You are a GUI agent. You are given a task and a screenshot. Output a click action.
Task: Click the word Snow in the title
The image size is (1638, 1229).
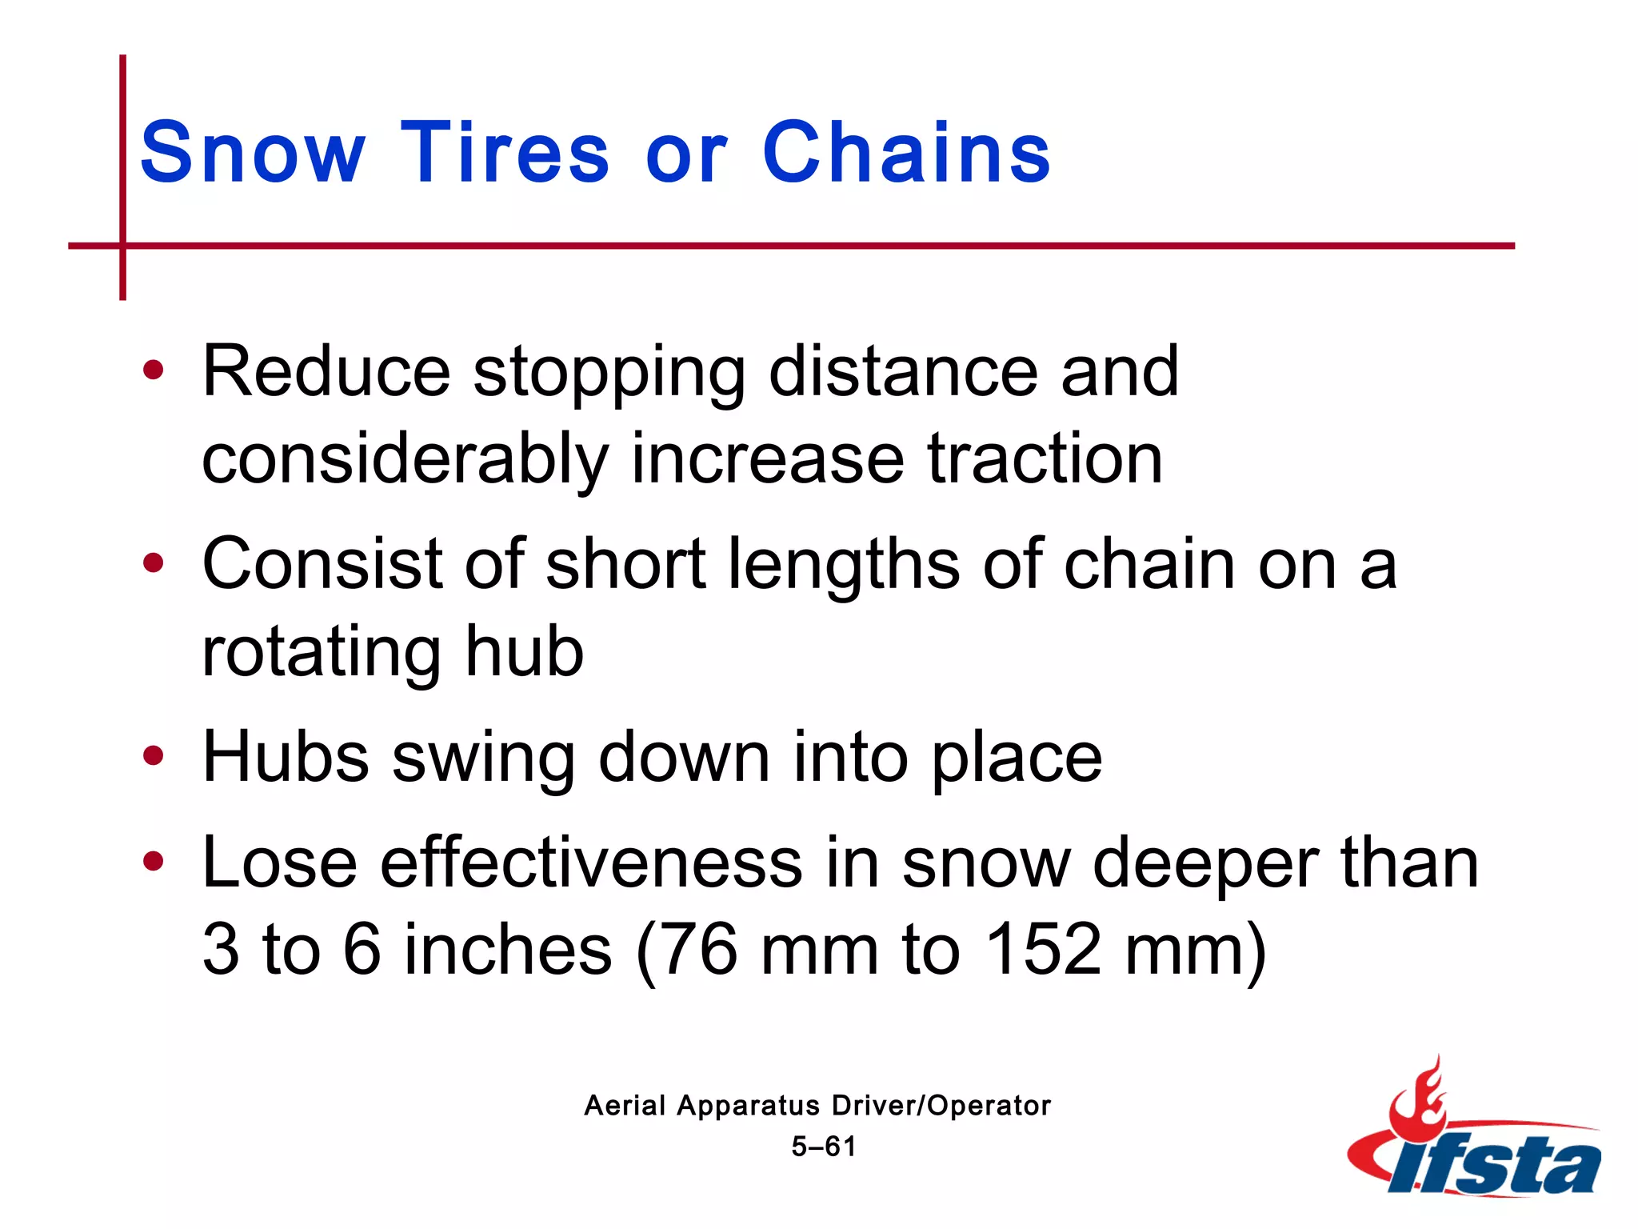click(x=253, y=152)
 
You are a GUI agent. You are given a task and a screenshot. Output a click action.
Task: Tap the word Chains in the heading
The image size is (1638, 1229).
click(x=906, y=152)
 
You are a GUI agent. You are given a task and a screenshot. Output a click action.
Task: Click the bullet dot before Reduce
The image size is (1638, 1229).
click(x=153, y=370)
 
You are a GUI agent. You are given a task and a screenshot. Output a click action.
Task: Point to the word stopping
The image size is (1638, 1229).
click(x=609, y=373)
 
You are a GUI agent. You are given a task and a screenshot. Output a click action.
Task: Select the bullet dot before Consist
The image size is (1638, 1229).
click(x=153, y=563)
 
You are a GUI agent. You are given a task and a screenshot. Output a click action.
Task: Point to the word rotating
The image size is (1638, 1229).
click(x=321, y=653)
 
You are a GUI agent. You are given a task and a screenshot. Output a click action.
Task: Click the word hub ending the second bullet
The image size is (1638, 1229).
click(x=525, y=651)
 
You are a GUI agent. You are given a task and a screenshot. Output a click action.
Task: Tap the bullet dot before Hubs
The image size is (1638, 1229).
click(x=153, y=755)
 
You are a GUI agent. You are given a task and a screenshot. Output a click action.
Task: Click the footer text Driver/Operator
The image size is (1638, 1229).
click(x=941, y=1106)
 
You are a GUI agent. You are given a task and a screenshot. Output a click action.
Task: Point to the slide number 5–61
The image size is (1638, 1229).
click(x=823, y=1147)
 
